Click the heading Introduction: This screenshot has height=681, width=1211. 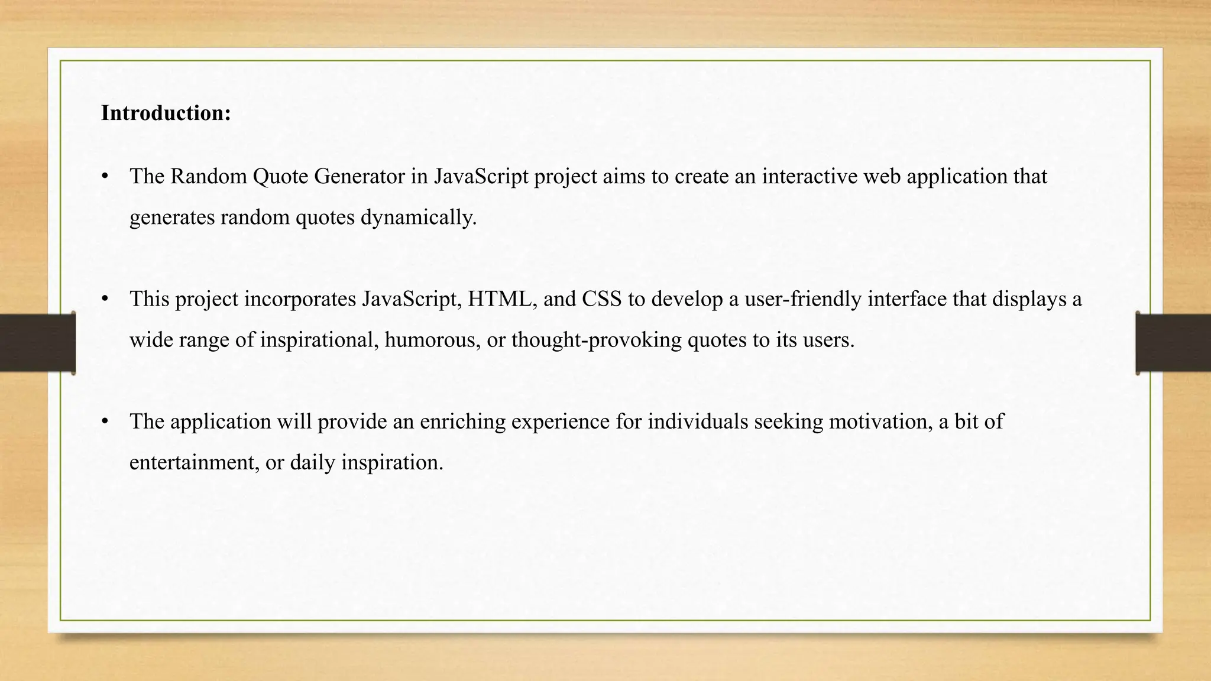(166, 113)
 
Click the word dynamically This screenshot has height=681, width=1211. (418, 218)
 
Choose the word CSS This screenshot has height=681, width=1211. (601, 299)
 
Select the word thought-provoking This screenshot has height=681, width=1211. (597, 340)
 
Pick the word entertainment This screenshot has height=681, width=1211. (195, 462)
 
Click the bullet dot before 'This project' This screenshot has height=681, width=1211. (105, 299)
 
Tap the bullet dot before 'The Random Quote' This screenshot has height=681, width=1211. (105, 176)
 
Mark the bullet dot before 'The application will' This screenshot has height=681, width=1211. (105, 421)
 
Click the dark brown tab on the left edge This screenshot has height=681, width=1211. (37, 343)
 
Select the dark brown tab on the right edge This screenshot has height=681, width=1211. (1173, 343)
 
